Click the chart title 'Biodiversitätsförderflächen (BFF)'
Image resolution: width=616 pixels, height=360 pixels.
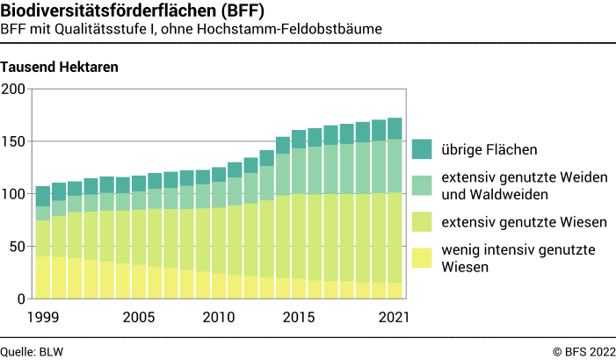tap(132, 11)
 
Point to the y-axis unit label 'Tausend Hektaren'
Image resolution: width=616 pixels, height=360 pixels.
tap(60, 67)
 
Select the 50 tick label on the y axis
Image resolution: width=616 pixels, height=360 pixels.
tap(17, 247)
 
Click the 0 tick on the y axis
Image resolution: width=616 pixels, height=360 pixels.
tap(21, 299)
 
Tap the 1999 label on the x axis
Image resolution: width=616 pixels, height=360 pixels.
tap(41, 316)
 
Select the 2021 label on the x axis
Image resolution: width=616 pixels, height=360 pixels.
tap(392, 316)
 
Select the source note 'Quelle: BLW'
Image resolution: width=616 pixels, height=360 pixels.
tap(32, 351)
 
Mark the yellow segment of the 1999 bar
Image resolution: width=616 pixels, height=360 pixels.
tap(42, 277)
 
